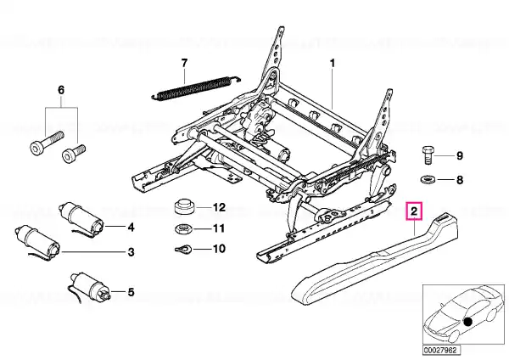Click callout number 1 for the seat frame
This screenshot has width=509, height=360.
point(333,63)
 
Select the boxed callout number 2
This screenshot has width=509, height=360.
point(413,211)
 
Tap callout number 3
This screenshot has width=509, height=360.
point(131,251)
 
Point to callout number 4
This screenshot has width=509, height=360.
point(131,227)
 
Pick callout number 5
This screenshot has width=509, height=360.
point(131,293)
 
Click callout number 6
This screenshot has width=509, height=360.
point(60,91)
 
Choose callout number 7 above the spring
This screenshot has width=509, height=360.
point(182,62)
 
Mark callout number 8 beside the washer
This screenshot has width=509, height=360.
point(459,180)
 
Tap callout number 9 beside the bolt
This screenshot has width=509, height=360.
point(459,155)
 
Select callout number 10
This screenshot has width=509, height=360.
point(217,249)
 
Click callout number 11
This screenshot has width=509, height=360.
point(217,228)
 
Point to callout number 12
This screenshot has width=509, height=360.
point(217,207)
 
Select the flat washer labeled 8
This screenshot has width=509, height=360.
point(428,180)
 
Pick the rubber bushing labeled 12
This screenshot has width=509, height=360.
point(184,207)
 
